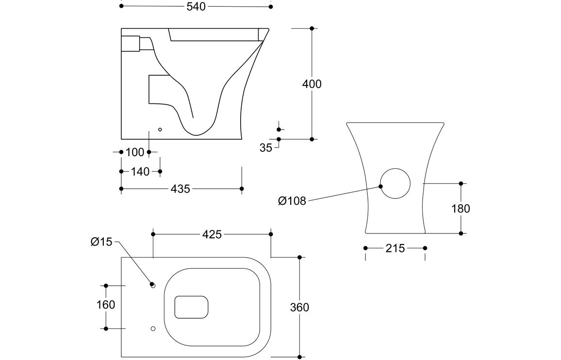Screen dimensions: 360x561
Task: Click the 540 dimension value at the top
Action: pos(196,6)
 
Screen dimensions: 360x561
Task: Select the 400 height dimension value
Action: pos(312,84)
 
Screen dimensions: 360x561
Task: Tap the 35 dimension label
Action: pos(266,148)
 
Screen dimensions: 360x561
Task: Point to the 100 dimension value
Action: pos(135,152)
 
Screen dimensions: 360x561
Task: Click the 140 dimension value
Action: pos(140,171)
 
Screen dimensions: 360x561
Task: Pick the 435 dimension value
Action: pos(181,189)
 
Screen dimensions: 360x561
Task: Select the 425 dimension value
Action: pos(212,234)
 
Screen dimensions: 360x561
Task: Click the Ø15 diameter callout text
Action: pos(101,242)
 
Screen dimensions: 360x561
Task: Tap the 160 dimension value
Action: pos(106,305)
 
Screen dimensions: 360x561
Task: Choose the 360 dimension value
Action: pos(299,307)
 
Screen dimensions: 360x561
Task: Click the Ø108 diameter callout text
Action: pos(292,201)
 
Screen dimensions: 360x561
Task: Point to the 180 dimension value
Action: pos(461,209)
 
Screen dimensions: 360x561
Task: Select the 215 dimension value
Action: pos(395,248)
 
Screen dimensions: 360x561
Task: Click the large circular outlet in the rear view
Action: pos(395,184)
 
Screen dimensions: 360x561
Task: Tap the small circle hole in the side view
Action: pos(160,130)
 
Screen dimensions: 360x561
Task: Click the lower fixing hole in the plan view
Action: pos(153,328)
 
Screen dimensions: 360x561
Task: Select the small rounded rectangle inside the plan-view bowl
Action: pos(191,307)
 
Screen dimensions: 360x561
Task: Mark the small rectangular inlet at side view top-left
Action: pos(130,43)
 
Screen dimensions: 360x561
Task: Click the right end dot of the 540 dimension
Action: pos(271,6)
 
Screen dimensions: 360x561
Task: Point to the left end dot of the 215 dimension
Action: pos(365,248)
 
